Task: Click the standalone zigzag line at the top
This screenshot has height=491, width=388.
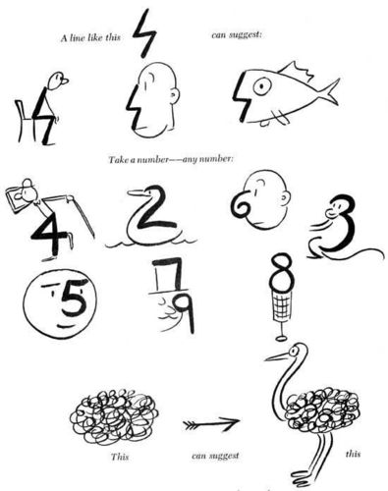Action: pyautogui.click(x=144, y=32)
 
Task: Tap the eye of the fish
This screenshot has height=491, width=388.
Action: pyautogui.click(x=260, y=86)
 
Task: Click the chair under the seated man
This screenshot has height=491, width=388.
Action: pyautogui.click(x=21, y=118)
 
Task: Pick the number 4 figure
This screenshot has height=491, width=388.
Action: pyautogui.click(x=43, y=230)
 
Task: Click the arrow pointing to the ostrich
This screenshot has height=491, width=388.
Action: pyautogui.click(x=211, y=424)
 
